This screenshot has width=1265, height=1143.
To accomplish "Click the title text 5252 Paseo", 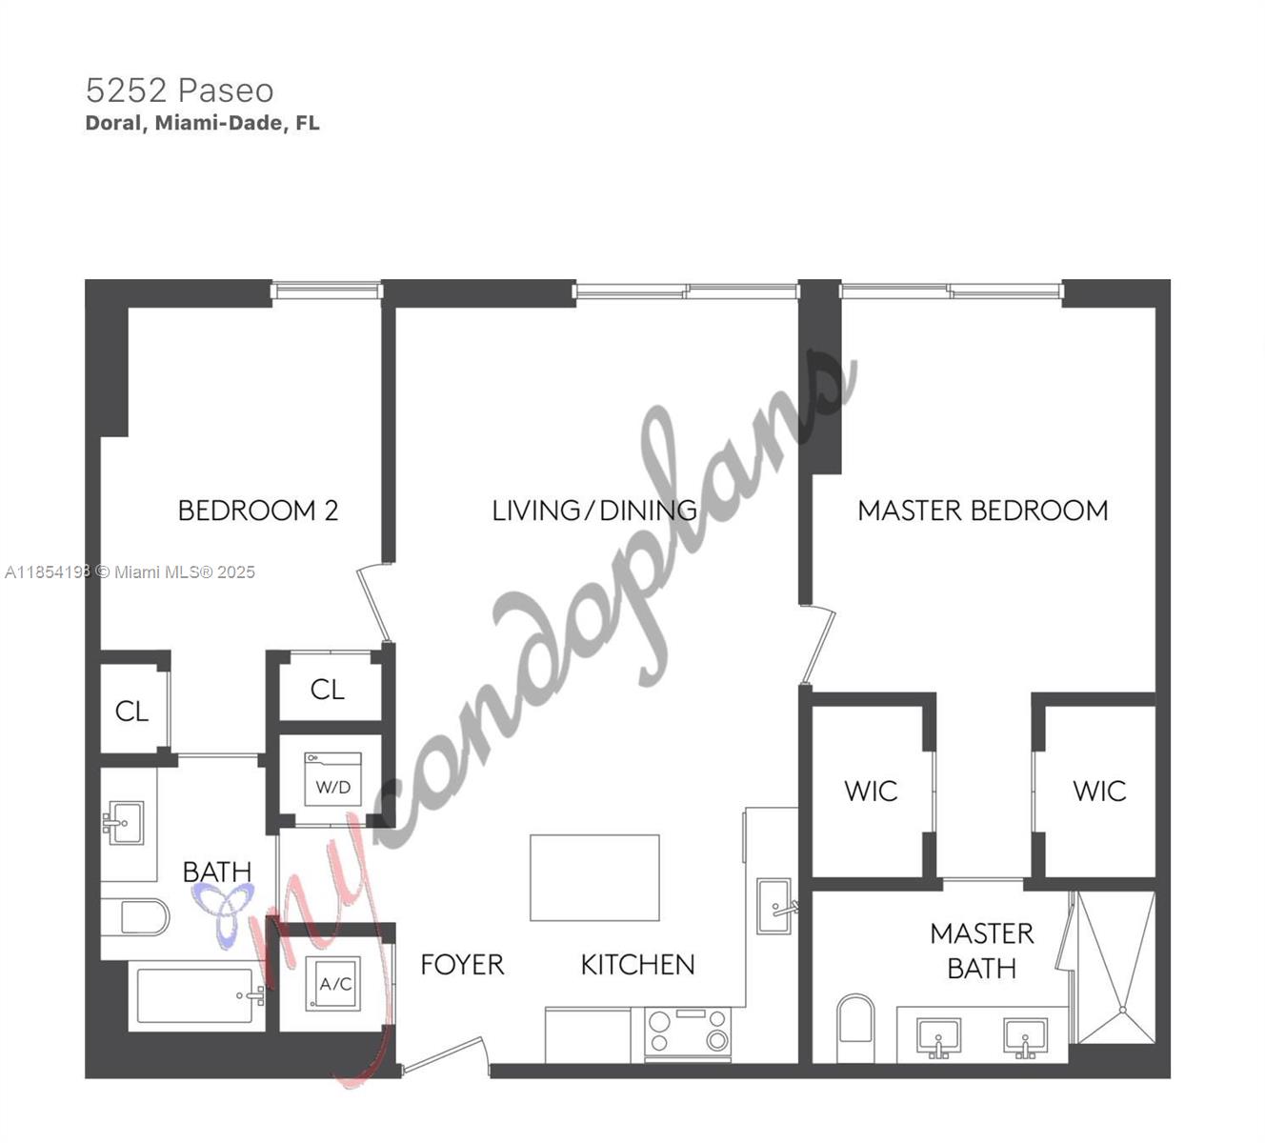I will point(179,90).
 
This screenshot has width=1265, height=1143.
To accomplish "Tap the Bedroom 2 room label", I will point(257,511).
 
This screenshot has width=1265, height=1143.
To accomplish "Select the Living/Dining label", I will point(593,511).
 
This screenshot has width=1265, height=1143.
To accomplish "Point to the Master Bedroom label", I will point(982,511).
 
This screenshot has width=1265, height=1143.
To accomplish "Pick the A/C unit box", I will point(333,984).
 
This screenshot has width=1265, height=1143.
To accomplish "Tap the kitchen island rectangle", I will point(594,877).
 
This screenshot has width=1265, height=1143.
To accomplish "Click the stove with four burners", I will point(688,1033).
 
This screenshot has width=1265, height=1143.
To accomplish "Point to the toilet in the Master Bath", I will point(854,1029).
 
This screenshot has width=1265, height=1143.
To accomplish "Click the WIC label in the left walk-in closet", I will point(871,791).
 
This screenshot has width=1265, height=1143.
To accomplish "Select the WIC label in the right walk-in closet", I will point(1099,791).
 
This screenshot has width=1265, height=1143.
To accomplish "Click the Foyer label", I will point(462,965).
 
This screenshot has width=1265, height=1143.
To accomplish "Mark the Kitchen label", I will point(637,965).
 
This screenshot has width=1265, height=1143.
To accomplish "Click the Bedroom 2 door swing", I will point(374,602).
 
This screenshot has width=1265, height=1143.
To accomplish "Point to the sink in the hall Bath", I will point(124,822).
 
